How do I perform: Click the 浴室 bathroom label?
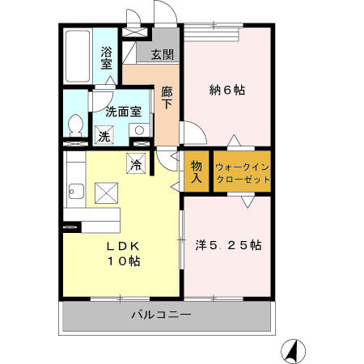pos(106,57)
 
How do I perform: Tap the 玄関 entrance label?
pos(161,55)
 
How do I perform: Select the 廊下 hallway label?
pos(167,97)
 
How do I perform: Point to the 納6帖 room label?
pos(228,90)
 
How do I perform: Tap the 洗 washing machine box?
pos(104,136)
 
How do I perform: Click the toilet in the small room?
pos(75,126)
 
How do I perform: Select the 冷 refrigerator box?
pos(136,162)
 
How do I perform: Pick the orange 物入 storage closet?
pos(197,171)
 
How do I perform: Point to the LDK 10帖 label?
pos(121,253)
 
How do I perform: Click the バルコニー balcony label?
pos(162,315)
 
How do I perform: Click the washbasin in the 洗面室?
pos(140,129)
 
